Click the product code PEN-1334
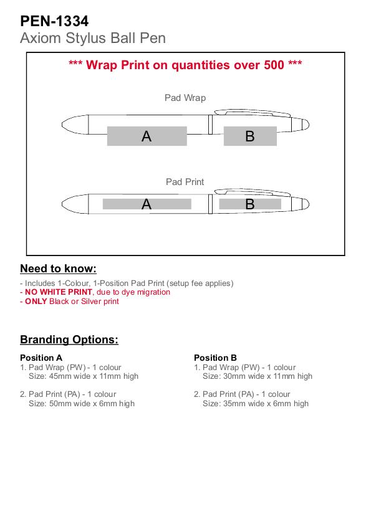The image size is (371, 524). click(x=54, y=21)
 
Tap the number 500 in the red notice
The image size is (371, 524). click(x=274, y=65)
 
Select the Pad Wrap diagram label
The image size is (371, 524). click(x=185, y=98)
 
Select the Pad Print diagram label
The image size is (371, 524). click(x=185, y=182)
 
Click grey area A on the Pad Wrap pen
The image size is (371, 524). click(x=147, y=136)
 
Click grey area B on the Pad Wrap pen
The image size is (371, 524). click(x=250, y=136)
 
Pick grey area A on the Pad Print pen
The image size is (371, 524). click(x=147, y=204)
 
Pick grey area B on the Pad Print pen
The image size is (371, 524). click(x=250, y=204)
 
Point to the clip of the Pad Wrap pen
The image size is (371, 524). click(x=253, y=113)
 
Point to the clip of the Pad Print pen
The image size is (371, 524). click(x=253, y=192)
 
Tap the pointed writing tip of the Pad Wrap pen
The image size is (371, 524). click(x=64, y=125)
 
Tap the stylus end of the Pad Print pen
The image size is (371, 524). click(x=305, y=204)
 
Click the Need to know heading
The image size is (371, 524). click(x=58, y=269)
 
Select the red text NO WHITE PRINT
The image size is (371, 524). click(x=58, y=292)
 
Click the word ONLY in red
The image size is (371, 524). click(x=36, y=302)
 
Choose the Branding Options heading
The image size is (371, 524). click(x=69, y=340)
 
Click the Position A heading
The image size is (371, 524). click(x=41, y=358)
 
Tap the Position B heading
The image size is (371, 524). click(x=216, y=358)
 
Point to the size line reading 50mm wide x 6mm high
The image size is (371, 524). click(x=82, y=404)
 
